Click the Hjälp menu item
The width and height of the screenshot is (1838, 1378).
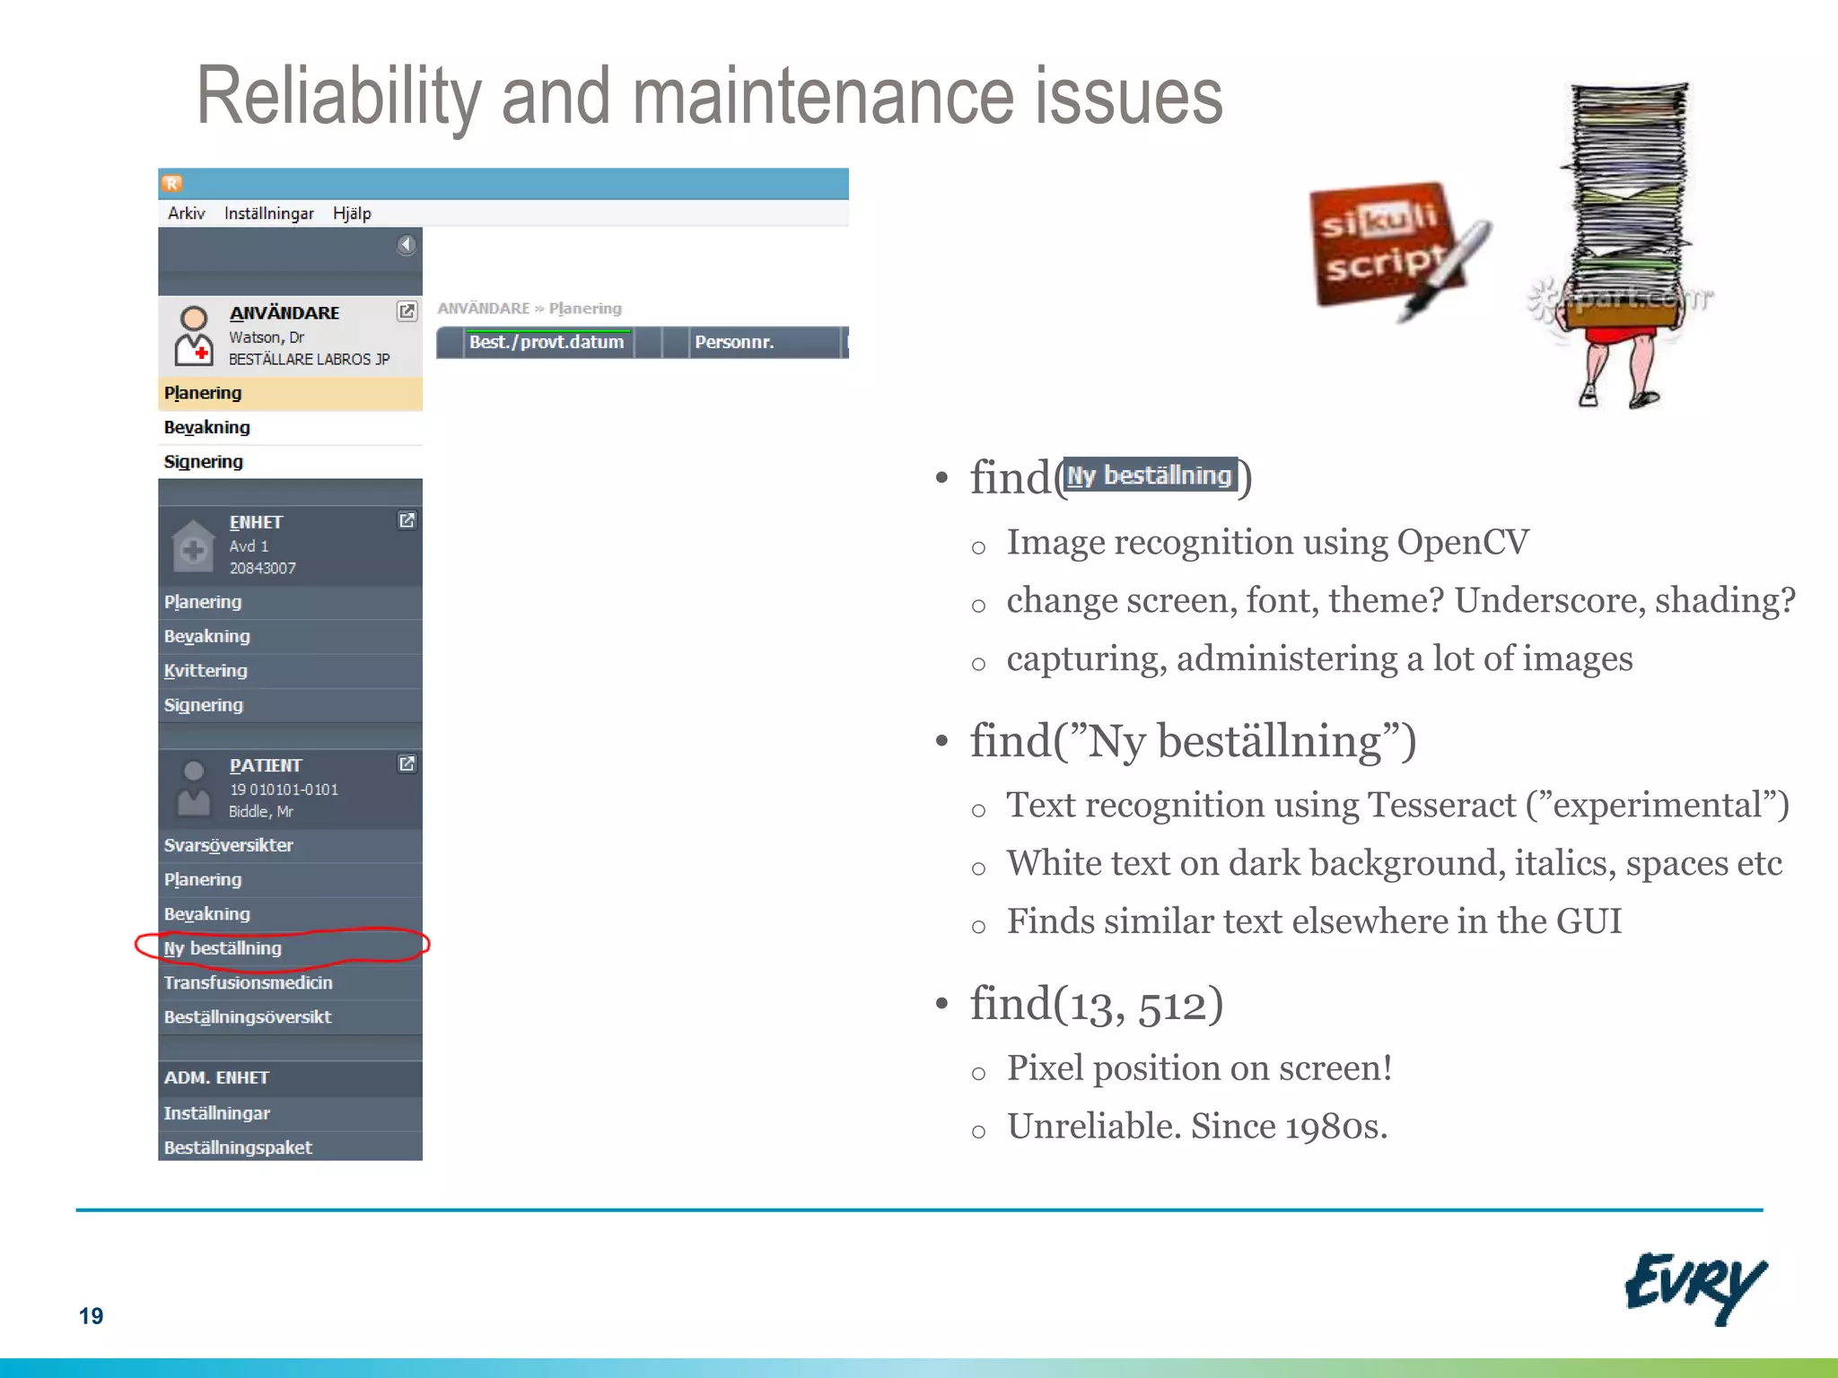point(351,214)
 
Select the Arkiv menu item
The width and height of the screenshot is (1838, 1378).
point(186,214)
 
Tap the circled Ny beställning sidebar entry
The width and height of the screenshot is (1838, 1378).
point(223,948)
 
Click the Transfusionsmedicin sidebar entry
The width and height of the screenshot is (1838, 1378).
point(248,983)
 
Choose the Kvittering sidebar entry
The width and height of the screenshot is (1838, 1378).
point(206,671)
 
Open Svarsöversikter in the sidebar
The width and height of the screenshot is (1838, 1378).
point(228,845)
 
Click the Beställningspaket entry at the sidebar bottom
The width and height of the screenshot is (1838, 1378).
point(238,1147)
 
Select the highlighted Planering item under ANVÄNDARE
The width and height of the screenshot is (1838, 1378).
point(203,393)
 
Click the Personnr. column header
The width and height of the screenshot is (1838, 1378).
point(734,342)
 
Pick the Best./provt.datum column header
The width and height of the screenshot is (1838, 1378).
point(546,342)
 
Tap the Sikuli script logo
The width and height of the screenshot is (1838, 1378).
point(1387,247)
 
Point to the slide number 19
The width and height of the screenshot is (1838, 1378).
point(91,1316)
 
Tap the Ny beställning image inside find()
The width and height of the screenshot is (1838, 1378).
point(1150,475)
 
